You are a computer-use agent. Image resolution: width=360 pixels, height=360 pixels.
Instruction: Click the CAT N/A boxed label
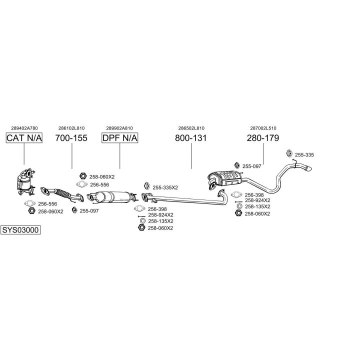pyautogui.click(x=24, y=138)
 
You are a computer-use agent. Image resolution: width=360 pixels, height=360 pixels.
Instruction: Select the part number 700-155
pyautogui.click(x=71, y=138)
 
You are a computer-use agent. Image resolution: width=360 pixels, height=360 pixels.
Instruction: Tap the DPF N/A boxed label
pyautogui.click(x=120, y=138)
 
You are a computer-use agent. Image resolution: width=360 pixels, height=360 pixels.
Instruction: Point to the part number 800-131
pyautogui.click(x=191, y=138)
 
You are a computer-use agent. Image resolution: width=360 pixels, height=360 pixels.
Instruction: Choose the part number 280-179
pyautogui.click(x=263, y=138)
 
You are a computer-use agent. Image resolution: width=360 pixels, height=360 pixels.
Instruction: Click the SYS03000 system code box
pyautogui.click(x=20, y=230)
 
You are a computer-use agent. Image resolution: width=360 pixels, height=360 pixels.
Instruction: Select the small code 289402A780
pyautogui.click(x=24, y=128)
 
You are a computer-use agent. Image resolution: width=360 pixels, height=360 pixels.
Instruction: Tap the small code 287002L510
pyautogui.click(x=263, y=128)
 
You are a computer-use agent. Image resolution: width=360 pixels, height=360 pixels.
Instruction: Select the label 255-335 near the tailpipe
pyautogui.click(x=304, y=155)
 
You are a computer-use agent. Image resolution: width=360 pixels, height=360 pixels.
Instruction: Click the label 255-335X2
pyautogui.click(x=165, y=187)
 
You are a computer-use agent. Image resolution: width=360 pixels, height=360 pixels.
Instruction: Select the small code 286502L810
pyautogui.click(x=191, y=128)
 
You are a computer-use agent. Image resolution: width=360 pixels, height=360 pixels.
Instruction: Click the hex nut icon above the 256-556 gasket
pyautogui.click(x=83, y=176)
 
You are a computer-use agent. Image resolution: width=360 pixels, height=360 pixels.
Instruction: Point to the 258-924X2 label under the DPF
pyautogui.click(x=160, y=214)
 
